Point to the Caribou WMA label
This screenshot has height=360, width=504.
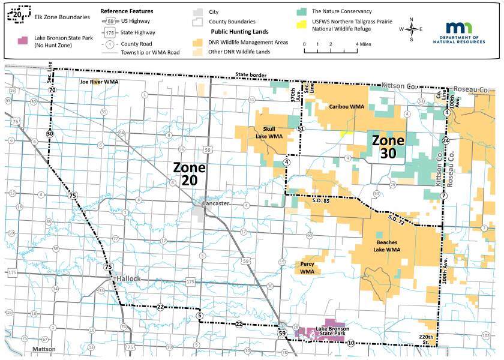(x=347, y=106)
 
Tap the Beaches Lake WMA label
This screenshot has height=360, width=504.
(x=386, y=245)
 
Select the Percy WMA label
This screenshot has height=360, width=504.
(x=307, y=268)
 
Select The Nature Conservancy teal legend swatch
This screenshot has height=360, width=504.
(x=302, y=11)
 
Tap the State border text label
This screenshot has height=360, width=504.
(x=251, y=75)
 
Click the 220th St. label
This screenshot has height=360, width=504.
(x=427, y=341)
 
